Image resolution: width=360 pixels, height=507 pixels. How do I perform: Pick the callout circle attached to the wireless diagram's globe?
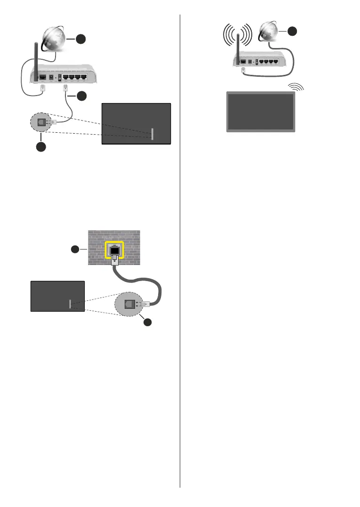tap(292, 31)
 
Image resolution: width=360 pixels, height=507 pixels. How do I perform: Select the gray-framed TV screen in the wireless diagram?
tap(261, 112)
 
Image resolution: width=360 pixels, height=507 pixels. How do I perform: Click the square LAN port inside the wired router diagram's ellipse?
tap(41, 122)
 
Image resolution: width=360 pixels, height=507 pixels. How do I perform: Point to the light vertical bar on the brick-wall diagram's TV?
tap(70, 304)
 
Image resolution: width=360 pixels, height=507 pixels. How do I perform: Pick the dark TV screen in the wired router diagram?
tap(136, 123)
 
